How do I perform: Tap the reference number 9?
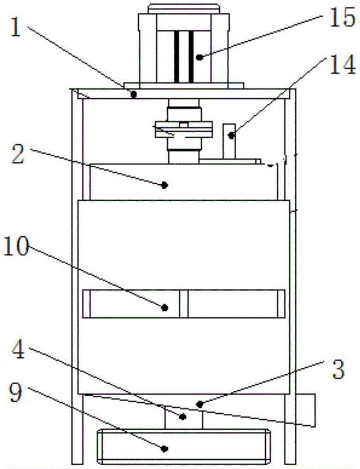[15, 392]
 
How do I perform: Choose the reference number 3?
[338, 369]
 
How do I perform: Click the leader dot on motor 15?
[200, 57]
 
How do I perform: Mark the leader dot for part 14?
[231, 136]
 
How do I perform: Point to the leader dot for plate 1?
[134, 95]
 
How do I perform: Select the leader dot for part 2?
[164, 185]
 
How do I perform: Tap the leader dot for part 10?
[165, 307]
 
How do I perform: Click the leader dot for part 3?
[200, 404]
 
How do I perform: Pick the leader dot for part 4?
[183, 416]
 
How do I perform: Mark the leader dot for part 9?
[164, 448]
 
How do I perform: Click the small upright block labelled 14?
[229, 141]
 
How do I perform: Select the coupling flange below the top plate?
[184, 129]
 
